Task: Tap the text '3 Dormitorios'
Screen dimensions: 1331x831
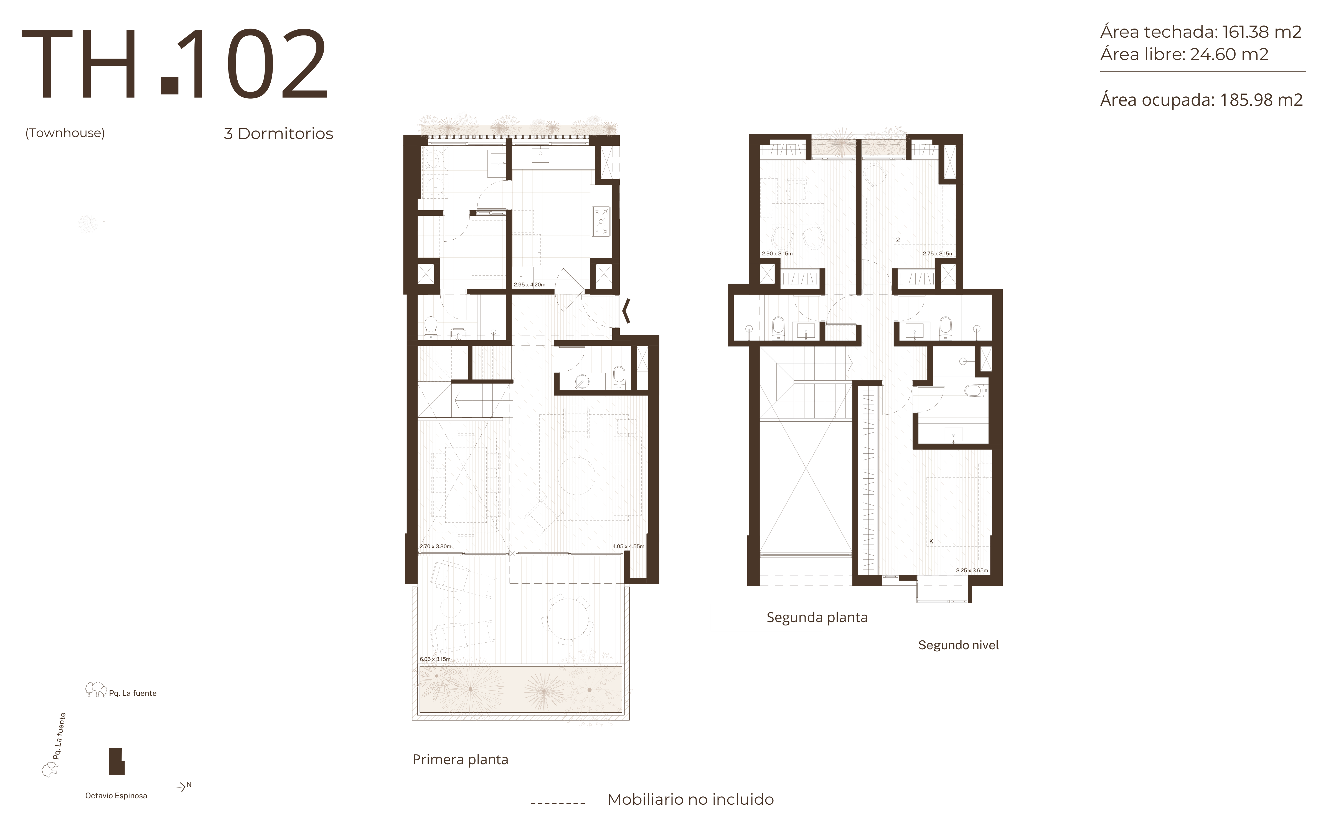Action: (278, 134)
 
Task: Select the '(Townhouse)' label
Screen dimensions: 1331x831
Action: (65, 133)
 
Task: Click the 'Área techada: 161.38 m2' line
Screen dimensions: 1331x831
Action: (1201, 32)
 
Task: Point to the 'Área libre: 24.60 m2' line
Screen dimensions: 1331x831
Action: (1184, 54)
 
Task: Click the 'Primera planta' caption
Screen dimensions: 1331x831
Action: (460, 760)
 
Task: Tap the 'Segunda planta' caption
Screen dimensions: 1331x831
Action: (817, 617)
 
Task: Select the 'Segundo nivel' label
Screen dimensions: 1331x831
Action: (958, 645)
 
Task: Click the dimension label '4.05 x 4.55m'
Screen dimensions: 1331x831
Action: (628, 546)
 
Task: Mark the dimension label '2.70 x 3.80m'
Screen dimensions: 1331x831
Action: (435, 546)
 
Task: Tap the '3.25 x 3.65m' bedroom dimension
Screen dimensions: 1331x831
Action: (972, 571)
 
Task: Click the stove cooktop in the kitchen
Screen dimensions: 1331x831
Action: (601, 221)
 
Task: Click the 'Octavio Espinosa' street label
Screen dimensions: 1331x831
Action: (116, 796)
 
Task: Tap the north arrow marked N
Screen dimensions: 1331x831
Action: (184, 787)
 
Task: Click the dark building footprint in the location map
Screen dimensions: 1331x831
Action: (116, 761)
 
